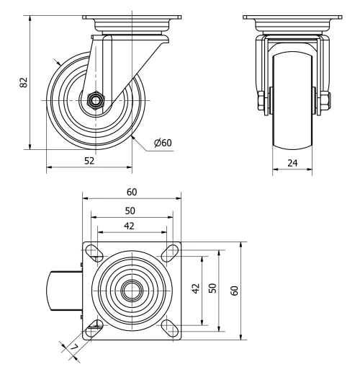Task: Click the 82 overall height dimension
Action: pos(23,83)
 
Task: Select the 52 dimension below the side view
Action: pos(89,161)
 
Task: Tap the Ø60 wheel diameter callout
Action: pos(163,143)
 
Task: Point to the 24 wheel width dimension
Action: pos(292,164)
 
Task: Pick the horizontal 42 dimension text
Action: pos(130,226)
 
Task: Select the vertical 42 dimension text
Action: pos(194,289)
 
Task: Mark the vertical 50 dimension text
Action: pos(212,289)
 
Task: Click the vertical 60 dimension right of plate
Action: pos(234,290)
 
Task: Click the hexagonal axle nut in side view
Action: pos(94,100)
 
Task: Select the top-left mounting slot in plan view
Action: pos(94,252)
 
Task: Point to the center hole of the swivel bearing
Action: pos(132,290)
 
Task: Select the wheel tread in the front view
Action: pos(292,115)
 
